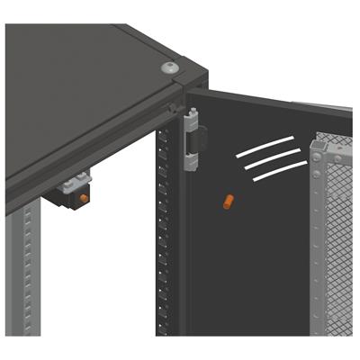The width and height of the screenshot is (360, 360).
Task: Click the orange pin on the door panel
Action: pyautogui.click(x=229, y=202)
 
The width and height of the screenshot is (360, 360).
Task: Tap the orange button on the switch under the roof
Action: pyautogui.click(x=84, y=197)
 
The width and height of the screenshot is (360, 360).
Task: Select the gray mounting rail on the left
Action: pyautogui.click(x=27, y=270)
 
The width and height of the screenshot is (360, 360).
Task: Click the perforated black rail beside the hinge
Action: pyautogui.click(x=163, y=234)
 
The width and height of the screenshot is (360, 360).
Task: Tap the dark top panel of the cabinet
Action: pyautogui.click(x=81, y=81)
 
